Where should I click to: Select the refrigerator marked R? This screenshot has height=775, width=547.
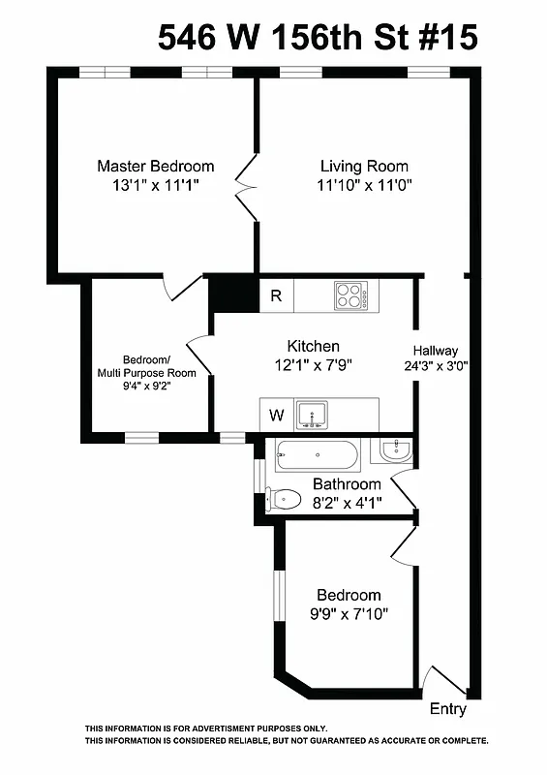pos(276,296)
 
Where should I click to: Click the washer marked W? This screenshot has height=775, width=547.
pos(276,416)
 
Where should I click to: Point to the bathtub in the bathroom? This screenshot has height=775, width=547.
pos(318,454)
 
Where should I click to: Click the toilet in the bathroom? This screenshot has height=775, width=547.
pos(284,500)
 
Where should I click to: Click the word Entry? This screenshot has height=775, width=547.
pos(447,709)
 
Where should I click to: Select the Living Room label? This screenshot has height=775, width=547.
pos(364,166)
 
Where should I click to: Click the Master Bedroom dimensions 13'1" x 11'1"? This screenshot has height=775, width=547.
pos(155,185)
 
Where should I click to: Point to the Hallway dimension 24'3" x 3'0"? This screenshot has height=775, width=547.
pos(436,367)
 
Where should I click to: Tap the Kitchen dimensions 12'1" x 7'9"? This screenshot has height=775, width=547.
pos(313,365)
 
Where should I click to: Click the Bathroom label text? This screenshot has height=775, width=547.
pos(347,484)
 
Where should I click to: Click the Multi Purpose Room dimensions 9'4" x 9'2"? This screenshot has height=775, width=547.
pos(146,386)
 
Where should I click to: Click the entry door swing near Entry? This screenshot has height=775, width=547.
pos(441,681)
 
